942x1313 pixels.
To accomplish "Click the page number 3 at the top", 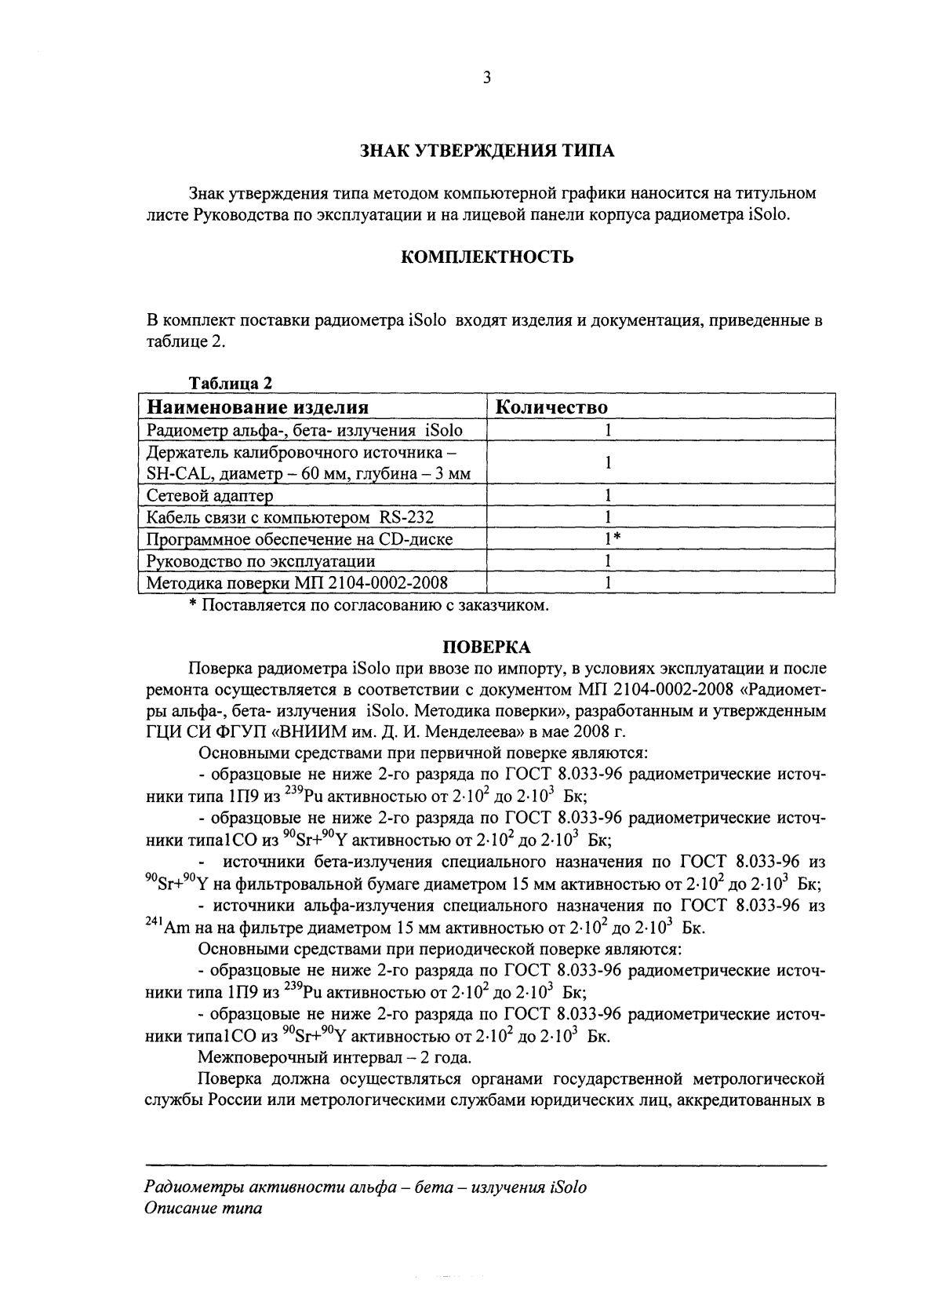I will (486, 77).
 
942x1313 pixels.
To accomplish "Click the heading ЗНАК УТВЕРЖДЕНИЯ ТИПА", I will (486, 151).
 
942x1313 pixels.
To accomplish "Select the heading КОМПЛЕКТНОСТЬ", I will (486, 257).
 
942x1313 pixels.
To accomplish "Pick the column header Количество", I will (552, 407).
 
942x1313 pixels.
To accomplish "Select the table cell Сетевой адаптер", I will (210, 496).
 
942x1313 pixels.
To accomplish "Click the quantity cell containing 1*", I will (608, 539).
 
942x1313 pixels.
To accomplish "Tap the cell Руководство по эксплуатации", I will (261, 561).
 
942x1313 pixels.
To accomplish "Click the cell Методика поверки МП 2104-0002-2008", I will (297, 582).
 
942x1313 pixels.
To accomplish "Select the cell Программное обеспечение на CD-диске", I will (300, 539).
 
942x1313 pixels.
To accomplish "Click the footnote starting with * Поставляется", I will (369, 605).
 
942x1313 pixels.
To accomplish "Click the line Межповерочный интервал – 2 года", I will (335, 1056).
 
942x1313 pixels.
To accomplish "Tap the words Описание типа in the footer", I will (204, 1209).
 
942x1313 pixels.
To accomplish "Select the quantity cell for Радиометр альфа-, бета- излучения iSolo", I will (608, 430).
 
